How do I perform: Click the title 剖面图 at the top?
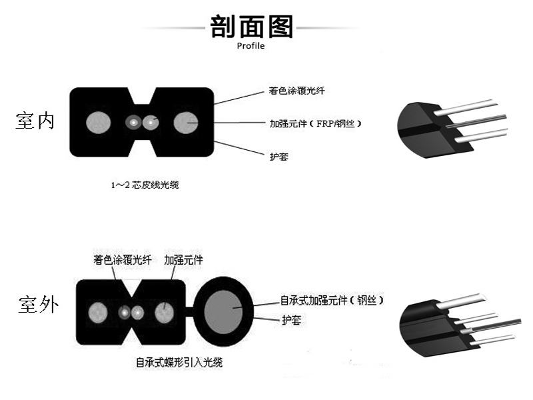[x=251, y=26]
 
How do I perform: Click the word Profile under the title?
[x=251, y=46]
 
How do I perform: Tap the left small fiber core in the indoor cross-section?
[x=135, y=123]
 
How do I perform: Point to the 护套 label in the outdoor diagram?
[x=290, y=320]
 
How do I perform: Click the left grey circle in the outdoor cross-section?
[x=98, y=311]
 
